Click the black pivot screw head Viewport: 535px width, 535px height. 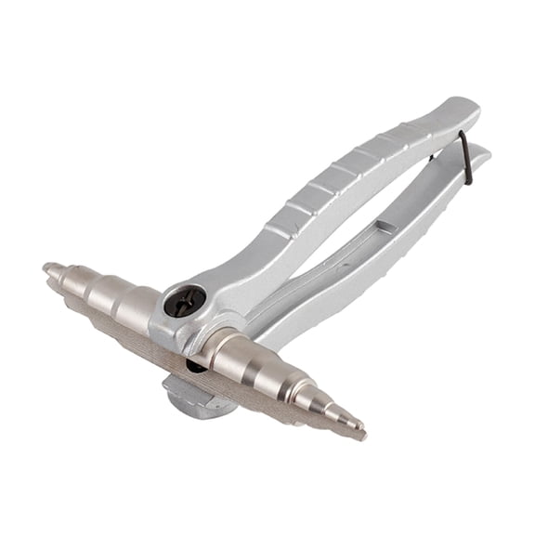185,301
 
